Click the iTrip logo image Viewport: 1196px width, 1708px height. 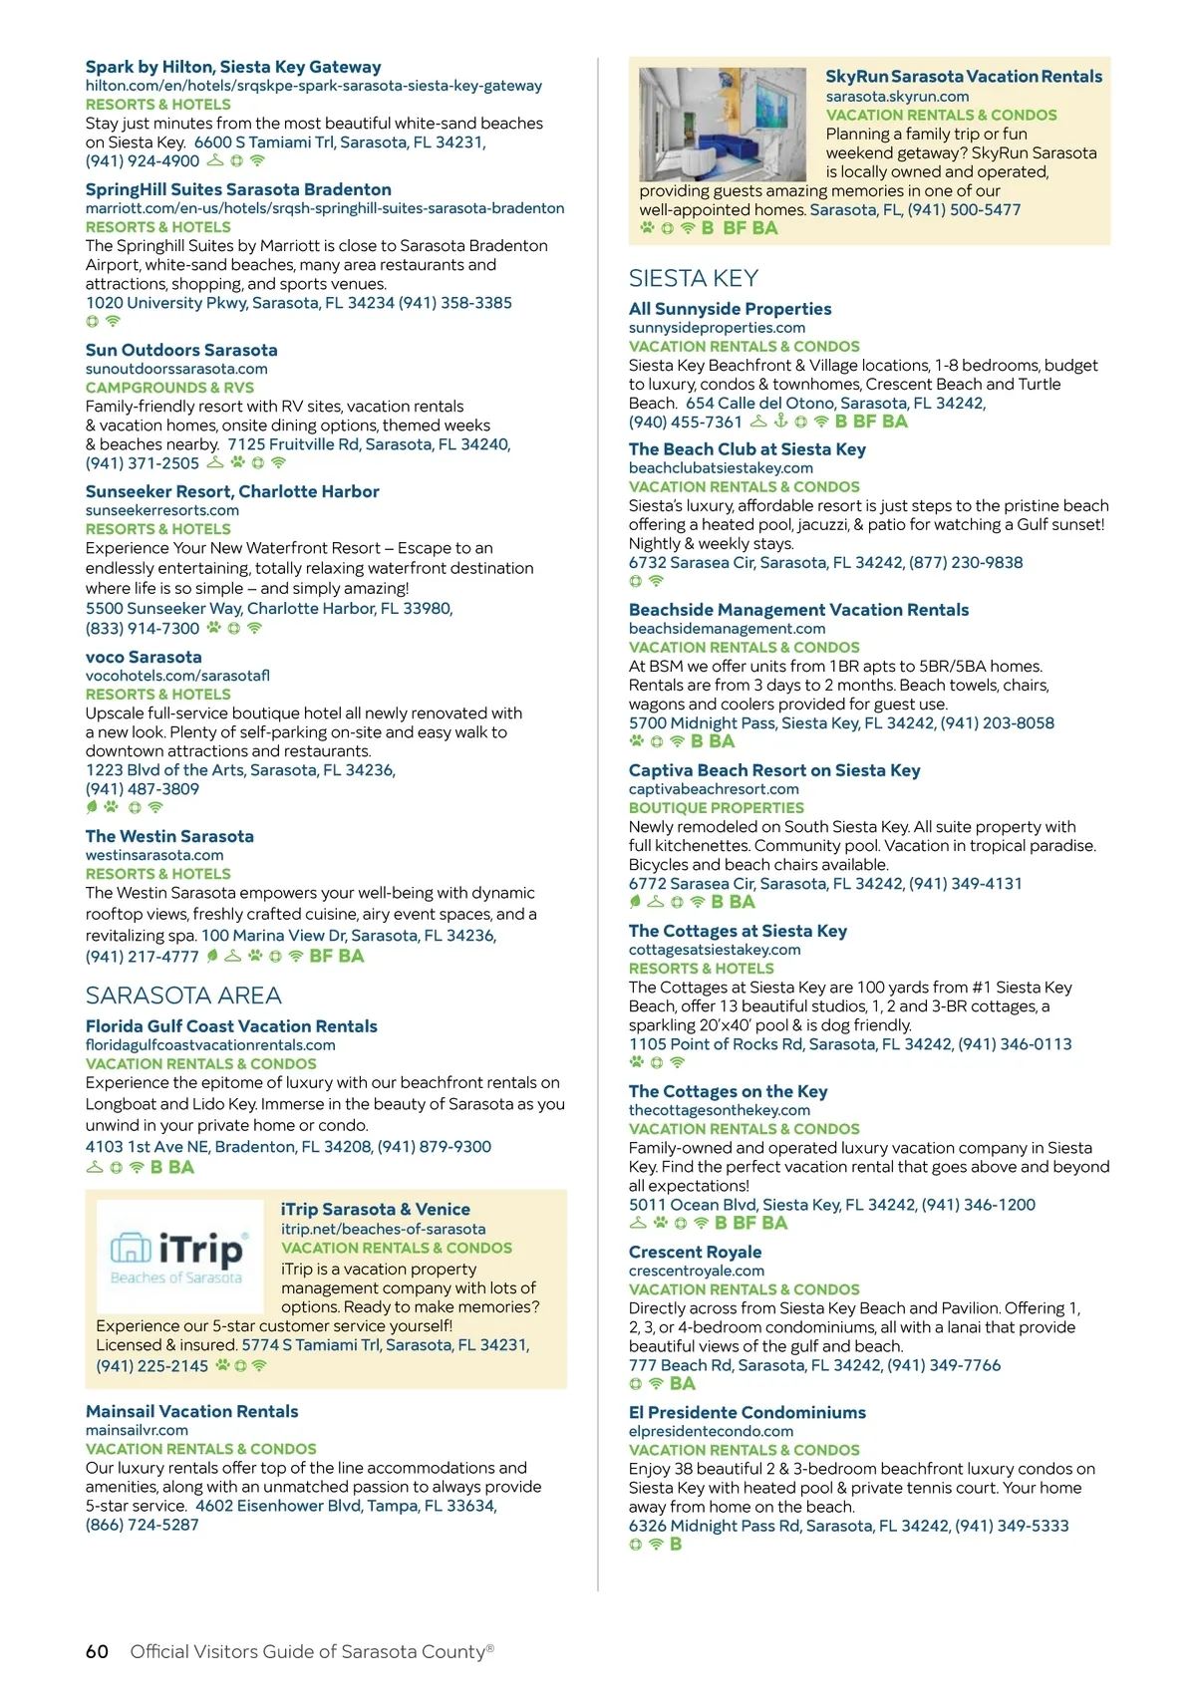(x=177, y=1258)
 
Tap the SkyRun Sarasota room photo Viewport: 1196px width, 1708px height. (x=722, y=124)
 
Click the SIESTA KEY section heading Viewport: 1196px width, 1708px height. (x=694, y=278)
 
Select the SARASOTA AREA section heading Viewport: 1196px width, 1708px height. (x=183, y=996)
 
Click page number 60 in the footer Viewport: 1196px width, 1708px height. (x=97, y=1651)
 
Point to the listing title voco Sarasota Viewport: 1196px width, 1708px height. (x=144, y=657)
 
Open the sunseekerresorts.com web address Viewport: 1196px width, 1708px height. (x=162, y=510)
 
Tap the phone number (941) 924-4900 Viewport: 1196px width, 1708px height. (x=143, y=160)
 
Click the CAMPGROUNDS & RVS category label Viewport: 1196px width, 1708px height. (x=169, y=388)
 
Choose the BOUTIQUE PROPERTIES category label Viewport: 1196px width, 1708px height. (x=716, y=808)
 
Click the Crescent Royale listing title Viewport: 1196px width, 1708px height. (x=695, y=1252)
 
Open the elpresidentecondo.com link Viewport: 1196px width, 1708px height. (x=711, y=1431)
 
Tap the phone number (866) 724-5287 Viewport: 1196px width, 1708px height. (x=143, y=1525)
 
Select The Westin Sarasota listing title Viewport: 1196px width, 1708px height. (x=169, y=836)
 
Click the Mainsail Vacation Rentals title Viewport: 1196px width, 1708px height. (x=191, y=1411)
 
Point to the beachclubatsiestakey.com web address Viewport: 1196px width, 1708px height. (x=721, y=468)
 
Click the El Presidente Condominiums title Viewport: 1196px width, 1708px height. (x=747, y=1412)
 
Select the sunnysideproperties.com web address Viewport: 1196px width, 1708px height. (x=717, y=328)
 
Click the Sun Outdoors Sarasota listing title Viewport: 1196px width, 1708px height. (x=181, y=350)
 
